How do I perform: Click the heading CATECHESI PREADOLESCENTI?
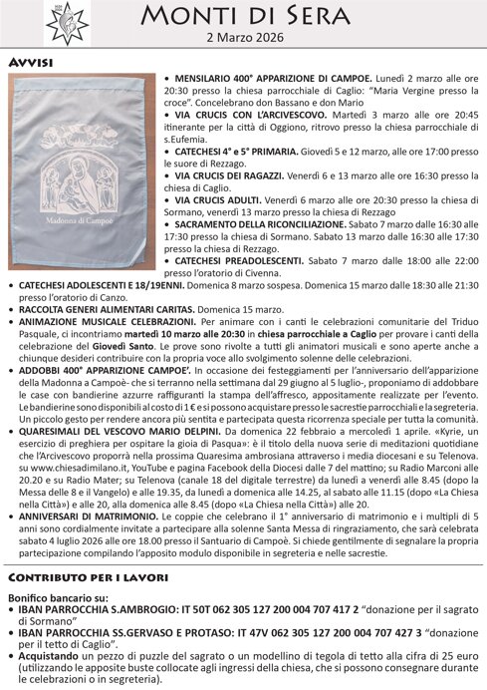(239, 260)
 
